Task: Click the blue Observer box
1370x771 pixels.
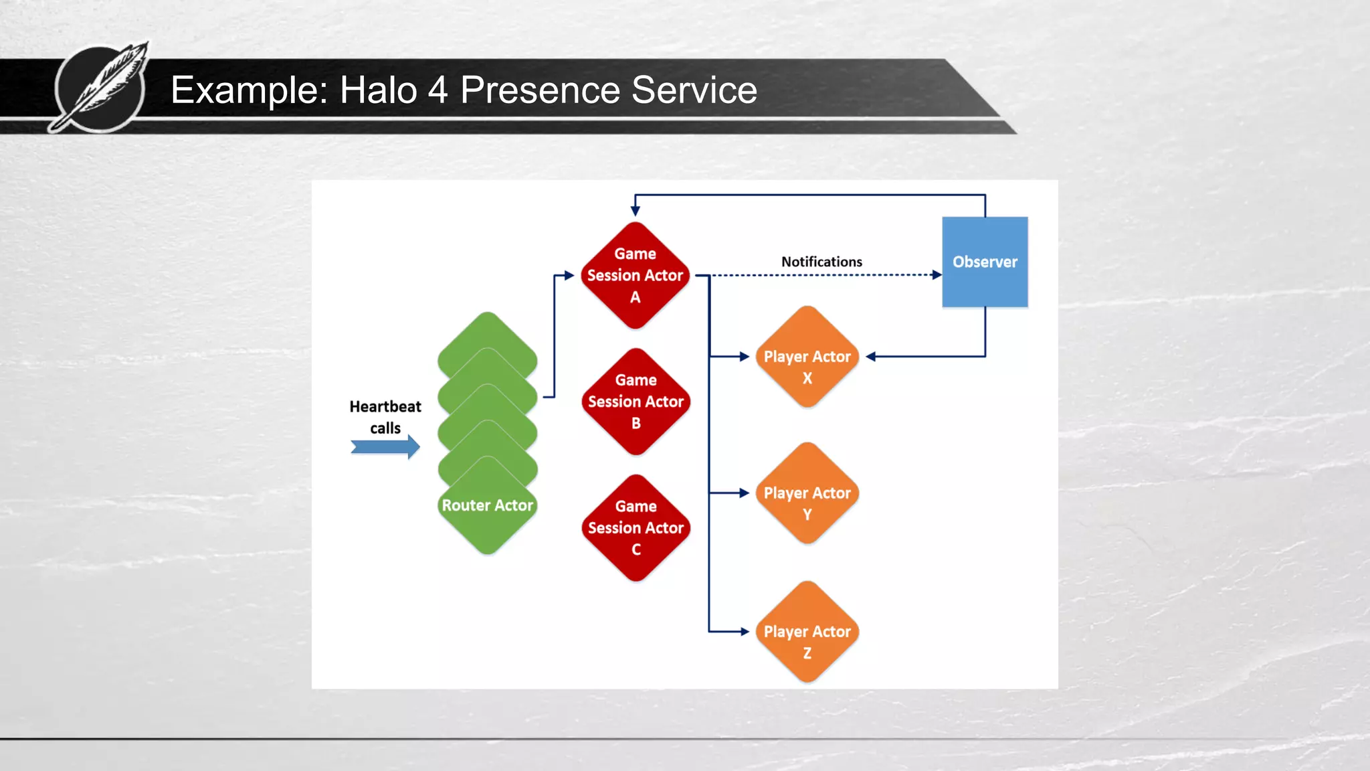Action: (x=985, y=262)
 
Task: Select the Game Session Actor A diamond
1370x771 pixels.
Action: (x=635, y=275)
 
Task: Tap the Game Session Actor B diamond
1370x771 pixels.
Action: (x=635, y=402)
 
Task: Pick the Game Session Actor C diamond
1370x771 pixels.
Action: (x=635, y=528)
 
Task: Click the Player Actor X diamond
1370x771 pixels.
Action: (x=807, y=357)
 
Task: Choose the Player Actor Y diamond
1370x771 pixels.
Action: (x=807, y=493)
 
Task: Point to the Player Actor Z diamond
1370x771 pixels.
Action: (x=807, y=632)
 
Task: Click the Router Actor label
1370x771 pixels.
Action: (x=487, y=505)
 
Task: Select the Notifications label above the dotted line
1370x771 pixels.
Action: (x=821, y=262)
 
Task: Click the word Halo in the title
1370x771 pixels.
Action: (x=379, y=90)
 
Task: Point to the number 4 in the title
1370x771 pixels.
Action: (x=437, y=90)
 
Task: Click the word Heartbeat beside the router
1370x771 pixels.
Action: (x=385, y=406)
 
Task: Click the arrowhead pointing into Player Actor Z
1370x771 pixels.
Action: (x=745, y=632)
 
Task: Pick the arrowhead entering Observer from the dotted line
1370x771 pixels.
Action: (x=937, y=275)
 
